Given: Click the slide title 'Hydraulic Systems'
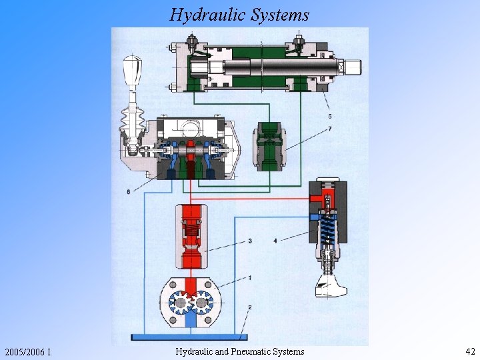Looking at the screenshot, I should click(239, 14).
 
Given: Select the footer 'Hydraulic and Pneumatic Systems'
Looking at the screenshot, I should click(240, 351).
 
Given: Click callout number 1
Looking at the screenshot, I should click(250, 277).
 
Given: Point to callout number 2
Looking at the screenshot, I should click(250, 307).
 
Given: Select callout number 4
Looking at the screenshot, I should click(275, 240).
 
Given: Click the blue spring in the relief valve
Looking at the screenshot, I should click(327, 230).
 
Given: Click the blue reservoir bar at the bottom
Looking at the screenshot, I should click(189, 336).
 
